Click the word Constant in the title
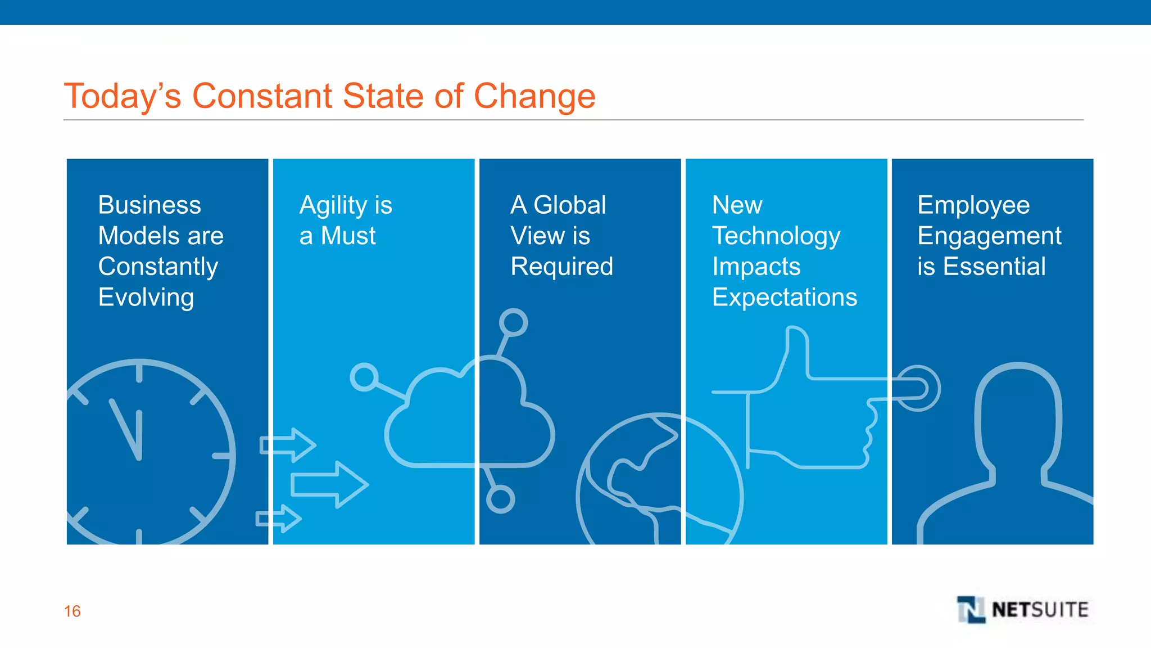(x=262, y=96)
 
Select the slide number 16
(x=72, y=611)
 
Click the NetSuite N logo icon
(x=971, y=610)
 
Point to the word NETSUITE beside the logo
(x=1040, y=610)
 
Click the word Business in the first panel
(x=149, y=205)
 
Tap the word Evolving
(x=146, y=297)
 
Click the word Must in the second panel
(x=348, y=236)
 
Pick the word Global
(x=569, y=205)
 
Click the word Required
(x=561, y=267)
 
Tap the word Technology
(x=776, y=236)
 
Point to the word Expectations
(x=785, y=298)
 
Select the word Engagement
(x=989, y=236)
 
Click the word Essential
(x=994, y=267)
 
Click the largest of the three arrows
(x=329, y=484)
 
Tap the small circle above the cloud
(x=513, y=322)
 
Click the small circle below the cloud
(x=500, y=499)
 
